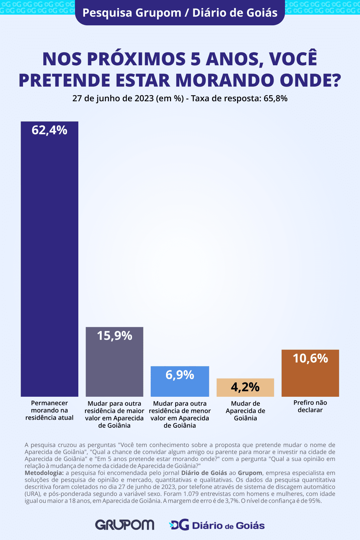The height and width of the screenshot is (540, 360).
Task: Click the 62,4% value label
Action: click(49, 130)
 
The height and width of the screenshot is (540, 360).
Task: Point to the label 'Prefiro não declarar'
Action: click(310, 406)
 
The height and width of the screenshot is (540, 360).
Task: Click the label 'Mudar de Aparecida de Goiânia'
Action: click(245, 411)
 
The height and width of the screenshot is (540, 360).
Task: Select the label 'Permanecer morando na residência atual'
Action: click(49, 410)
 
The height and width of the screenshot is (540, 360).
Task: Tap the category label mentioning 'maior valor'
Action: click(114, 414)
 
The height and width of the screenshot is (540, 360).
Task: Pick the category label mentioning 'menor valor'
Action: click(180, 414)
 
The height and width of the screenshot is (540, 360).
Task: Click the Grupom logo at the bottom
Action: click(125, 525)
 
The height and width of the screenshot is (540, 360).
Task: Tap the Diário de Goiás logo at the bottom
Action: click(217, 525)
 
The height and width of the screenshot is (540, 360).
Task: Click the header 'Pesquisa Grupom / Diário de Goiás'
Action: click(180, 13)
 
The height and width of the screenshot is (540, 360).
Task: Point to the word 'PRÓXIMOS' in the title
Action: click(136, 59)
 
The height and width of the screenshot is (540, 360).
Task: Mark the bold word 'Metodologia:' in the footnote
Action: click(44, 473)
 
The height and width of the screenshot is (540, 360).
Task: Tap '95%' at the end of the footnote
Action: click(315, 501)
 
